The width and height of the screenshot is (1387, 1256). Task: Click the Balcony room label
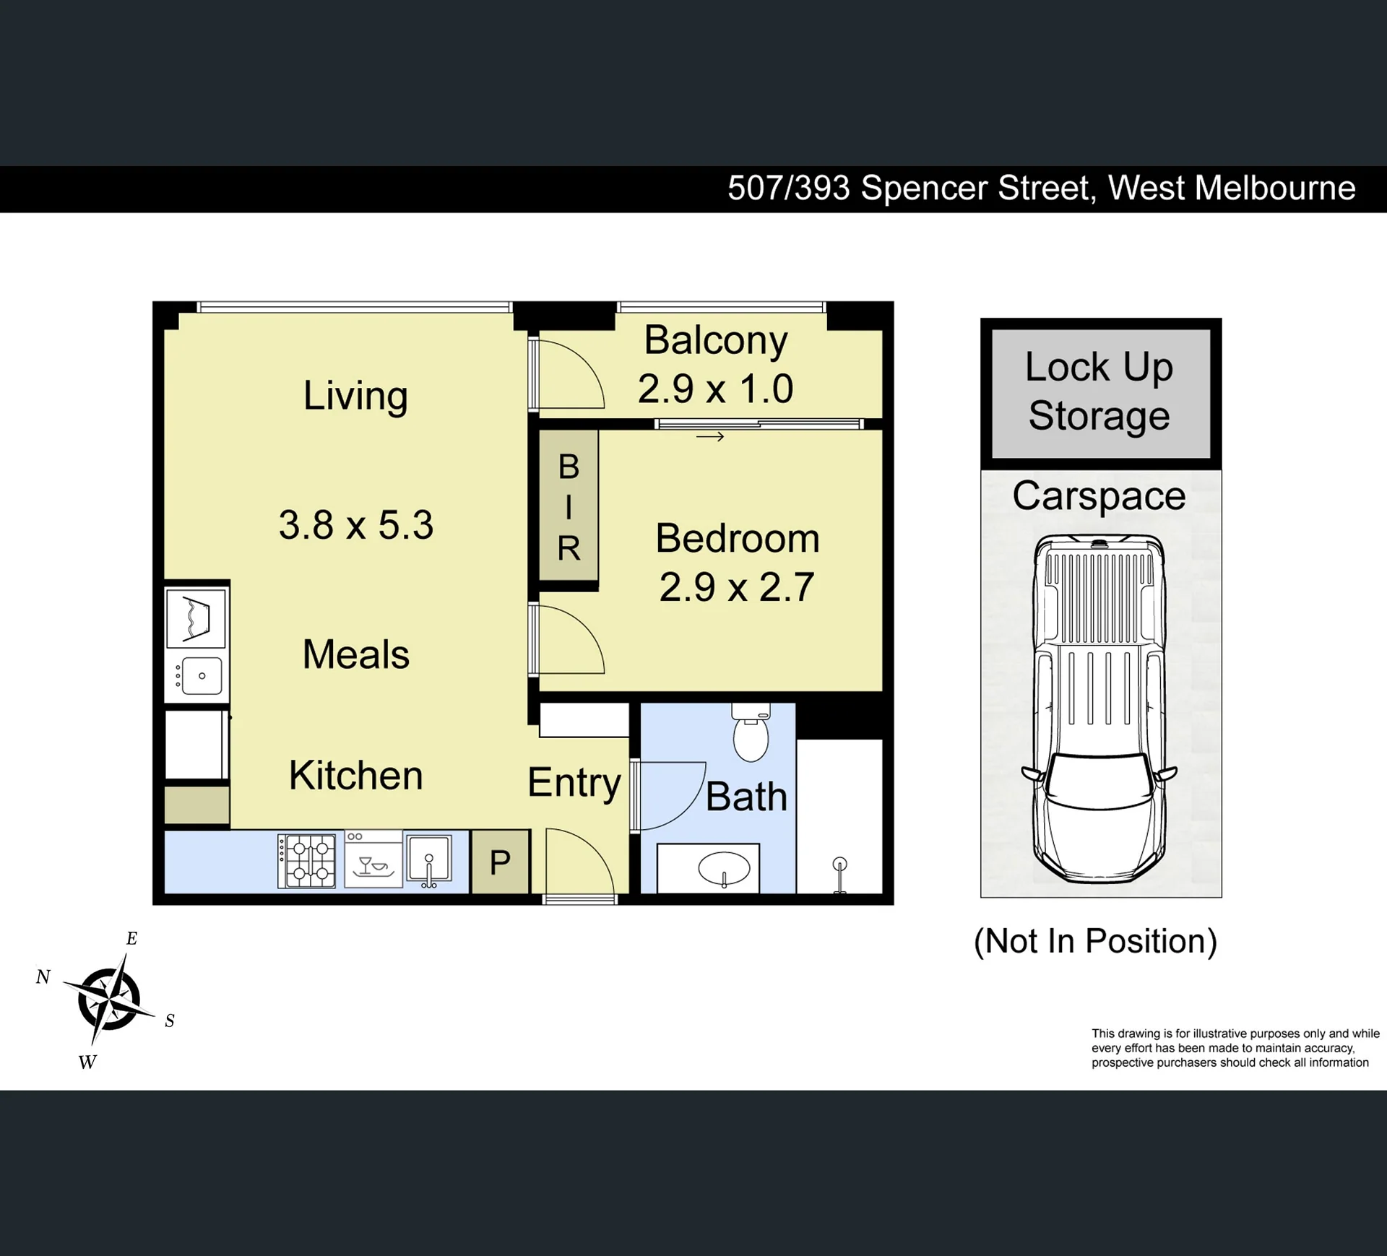click(x=715, y=341)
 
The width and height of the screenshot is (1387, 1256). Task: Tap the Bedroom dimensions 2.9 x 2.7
click(x=737, y=586)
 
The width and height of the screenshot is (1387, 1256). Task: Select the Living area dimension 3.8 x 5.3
click(x=356, y=524)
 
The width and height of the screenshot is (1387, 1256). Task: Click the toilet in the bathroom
click(x=751, y=732)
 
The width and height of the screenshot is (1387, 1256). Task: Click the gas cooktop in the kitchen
click(x=307, y=861)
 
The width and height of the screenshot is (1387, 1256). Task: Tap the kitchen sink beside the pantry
click(x=429, y=859)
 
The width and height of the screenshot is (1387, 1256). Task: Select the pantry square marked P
click(x=500, y=862)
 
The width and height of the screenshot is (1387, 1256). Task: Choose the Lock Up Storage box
click(x=1100, y=394)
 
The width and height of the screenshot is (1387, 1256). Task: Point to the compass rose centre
click(x=109, y=999)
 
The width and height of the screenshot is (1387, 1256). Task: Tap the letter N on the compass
click(x=43, y=976)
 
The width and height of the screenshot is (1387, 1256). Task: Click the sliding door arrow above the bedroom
click(x=710, y=436)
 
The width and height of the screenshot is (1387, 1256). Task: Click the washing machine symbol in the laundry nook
click(x=196, y=619)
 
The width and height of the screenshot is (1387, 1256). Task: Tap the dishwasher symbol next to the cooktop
click(x=373, y=859)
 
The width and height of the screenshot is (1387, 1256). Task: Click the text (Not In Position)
click(x=1095, y=941)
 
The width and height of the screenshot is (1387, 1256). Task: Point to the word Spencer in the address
click(x=975, y=189)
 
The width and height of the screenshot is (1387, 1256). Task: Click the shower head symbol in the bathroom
click(x=839, y=875)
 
